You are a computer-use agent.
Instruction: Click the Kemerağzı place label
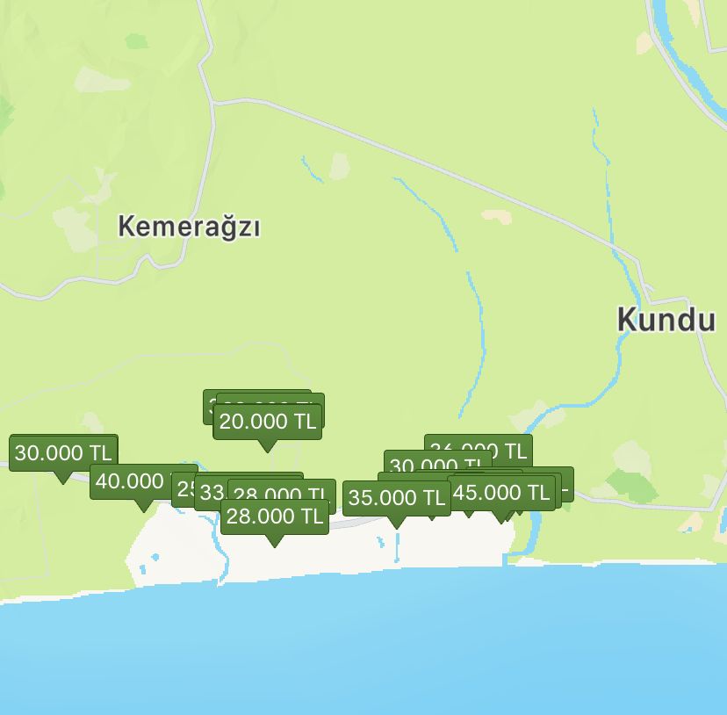pyautogui.click(x=190, y=227)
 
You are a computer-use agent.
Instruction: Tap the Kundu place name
pyautogui.click(x=666, y=320)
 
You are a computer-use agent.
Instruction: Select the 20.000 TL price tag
pyautogui.click(x=267, y=422)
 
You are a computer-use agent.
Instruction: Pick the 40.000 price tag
pyautogui.click(x=130, y=481)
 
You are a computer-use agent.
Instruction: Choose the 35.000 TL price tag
pyautogui.click(x=397, y=498)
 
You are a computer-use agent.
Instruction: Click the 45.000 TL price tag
pyautogui.click(x=501, y=493)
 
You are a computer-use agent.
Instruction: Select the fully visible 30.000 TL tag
pyautogui.click(x=63, y=453)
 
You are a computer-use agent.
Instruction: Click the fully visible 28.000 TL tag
pyautogui.click(x=275, y=516)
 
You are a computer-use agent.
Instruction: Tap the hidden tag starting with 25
pyautogui.click(x=183, y=488)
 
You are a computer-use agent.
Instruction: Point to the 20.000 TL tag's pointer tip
pyautogui.click(x=267, y=451)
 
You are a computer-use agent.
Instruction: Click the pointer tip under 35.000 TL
pyautogui.click(x=397, y=527)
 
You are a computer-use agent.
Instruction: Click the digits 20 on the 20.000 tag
pyautogui.click(x=231, y=422)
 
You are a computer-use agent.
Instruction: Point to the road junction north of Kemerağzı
pyautogui.click(x=213, y=101)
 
